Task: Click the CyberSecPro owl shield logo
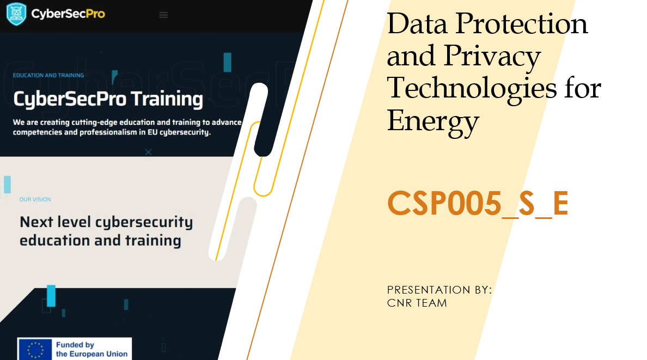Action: pyautogui.click(x=16, y=14)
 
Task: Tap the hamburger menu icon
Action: pyautogui.click(x=163, y=15)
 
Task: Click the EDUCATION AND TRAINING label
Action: pyautogui.click(x=48, y=76)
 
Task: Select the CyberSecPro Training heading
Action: pyautogui.click(x=108, y=100)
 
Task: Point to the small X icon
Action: pyautogui.click(x=149, y=152)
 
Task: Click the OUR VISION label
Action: pyautogui.click(x=35, y=199)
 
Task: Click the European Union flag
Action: pyautogui.click(x=35, y=349)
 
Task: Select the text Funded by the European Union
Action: pyautogui.click(x=91, y=349)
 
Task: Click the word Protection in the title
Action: pyautogui.click(x=521, y=24)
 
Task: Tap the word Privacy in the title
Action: pyautogui.click(x=492, y=57)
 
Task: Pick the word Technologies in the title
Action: pyautogui.click(x=472, y=89)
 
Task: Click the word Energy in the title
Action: pyautogui.click(x=433, y=121)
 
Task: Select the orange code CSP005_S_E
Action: pyautogui.click(x=478, y=203)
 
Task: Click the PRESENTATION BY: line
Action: pyautogui.click(x=440, y=290)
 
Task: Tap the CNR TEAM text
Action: pyautogui.click(x=417, y=303)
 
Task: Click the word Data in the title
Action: pyautogui.click(x=417, y=24)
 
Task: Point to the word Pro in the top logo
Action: pyautogui.click(x=96, y=14)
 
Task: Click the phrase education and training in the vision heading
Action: pyautogui.click(x=100, y=241)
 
